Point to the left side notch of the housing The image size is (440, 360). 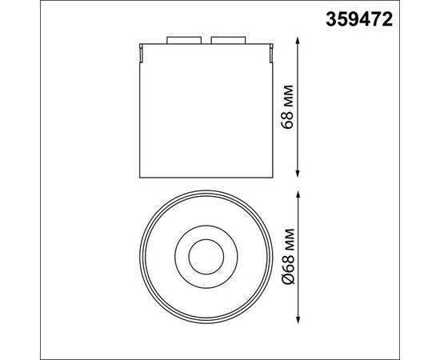click(x=141, y=54)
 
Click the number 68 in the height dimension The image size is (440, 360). click(x=290, y=118)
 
